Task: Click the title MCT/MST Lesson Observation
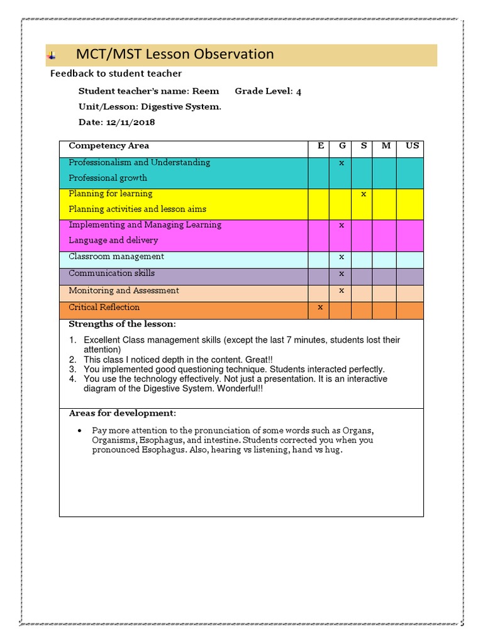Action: (x=174, y=55)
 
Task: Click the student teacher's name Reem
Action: (x=206, y=91)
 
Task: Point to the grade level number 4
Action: (x=299, y=92)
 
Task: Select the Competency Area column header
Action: (x=109, y=146)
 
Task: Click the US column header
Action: (x=412, y=146)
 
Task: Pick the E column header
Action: (x=321, y=146)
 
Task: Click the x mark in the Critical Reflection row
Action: (x=321, y=307)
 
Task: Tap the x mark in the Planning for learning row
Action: (x=364, y=194)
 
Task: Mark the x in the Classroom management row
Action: (x=341, y=257)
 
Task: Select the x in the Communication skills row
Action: (x=341, y=274)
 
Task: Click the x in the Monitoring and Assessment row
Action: (x=341, y=291)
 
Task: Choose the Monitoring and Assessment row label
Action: (x=124, y=291)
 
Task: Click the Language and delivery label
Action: (x=113, y=240)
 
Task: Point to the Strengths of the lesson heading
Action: (x=122, y=325)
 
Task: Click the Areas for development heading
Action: (x=122, y=413)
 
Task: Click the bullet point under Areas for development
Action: (x=79, y=431)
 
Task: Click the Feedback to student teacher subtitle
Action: (x=116, y=74)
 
